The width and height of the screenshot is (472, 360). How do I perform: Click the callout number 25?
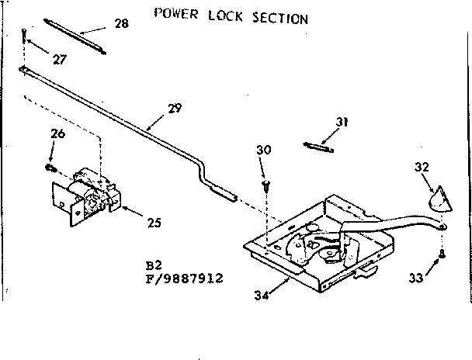click(x=154, y=222)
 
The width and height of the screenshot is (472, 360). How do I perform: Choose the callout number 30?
click(x=264, y=151)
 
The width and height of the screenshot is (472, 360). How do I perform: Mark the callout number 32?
click(x=422, y=167)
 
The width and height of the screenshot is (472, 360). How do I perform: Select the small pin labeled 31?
click(x=319, y=146)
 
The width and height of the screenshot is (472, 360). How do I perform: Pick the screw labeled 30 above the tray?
click(x=266, y=184)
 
